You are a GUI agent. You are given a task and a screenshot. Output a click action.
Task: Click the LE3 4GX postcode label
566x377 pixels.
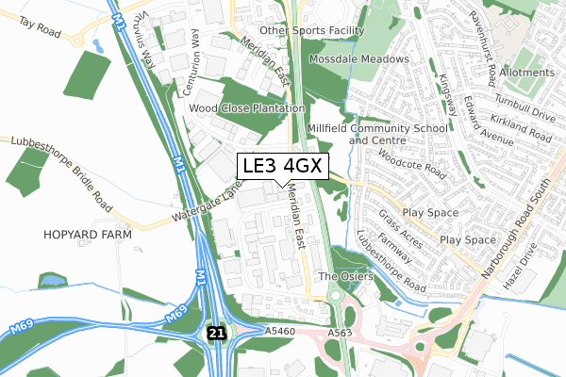point(282,165)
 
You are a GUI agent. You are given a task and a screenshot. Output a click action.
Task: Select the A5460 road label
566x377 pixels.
point(281,332)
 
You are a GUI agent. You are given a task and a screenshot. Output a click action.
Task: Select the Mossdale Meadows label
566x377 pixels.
point(362,58)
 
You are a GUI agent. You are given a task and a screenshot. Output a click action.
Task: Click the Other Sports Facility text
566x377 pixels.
point(312,30)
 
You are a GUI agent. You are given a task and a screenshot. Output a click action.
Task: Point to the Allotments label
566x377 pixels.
point(527,73)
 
